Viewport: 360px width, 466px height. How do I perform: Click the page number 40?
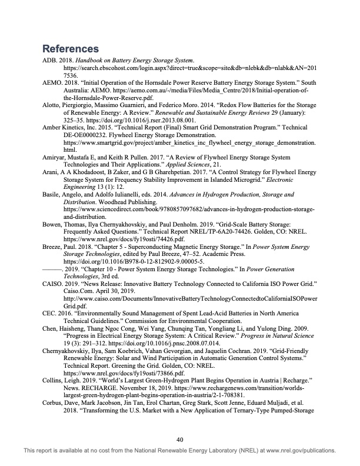[180, 438]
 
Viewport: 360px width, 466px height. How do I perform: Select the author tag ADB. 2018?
[58, 61]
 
